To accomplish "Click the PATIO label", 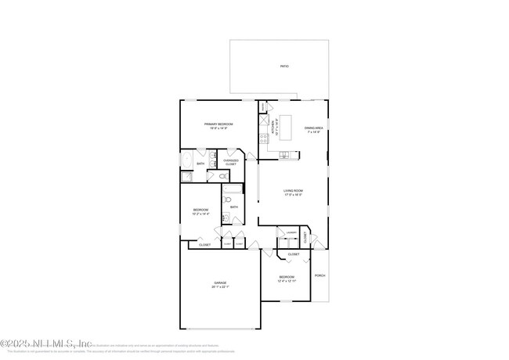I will pyautogui.click(x=283, y=67).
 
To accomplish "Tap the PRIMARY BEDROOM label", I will pyautogui.click(x=219, y=124).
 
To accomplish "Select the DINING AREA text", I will pyautogui.click(x=314, y=128).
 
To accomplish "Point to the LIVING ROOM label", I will pyautogui.click(x=293, y=190).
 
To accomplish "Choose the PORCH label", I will pyautogui.click(x=319, y=275).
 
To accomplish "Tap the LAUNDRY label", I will pyautogui.click(x=291, y=232).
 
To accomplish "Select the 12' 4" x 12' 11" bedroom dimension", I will pyautogui.click(x=287, y=280).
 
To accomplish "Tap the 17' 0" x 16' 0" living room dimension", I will pyautogui.click(x=293, y=194).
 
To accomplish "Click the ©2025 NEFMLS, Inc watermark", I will pyautogui.click(x=47, y=343).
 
